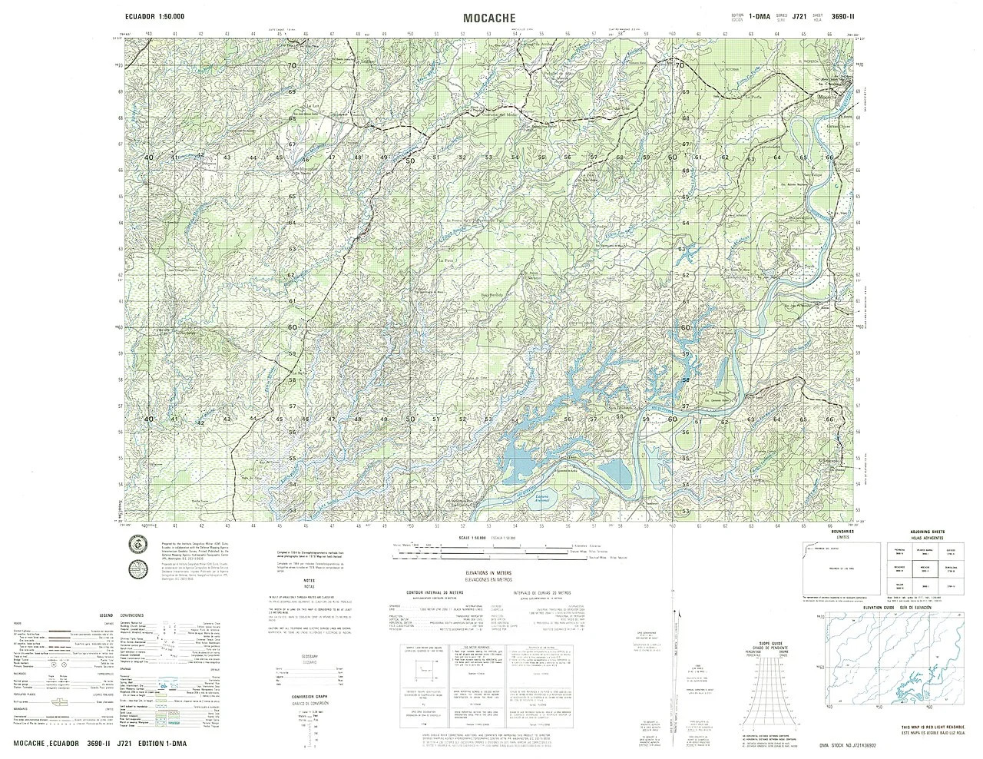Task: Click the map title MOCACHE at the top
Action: coord(488,17)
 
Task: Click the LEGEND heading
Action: coord(106,616)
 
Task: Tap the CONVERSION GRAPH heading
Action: coord(309,696)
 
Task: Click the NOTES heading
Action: coord(309,580)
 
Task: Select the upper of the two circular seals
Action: coord(137,542)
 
